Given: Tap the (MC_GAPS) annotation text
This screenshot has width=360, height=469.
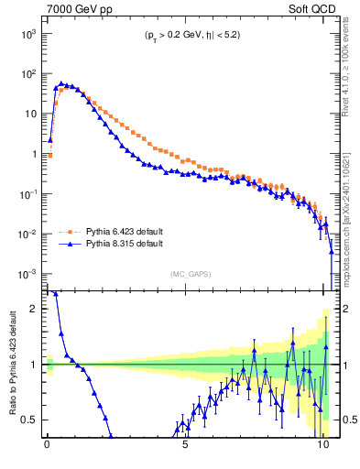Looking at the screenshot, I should coord(187,274).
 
